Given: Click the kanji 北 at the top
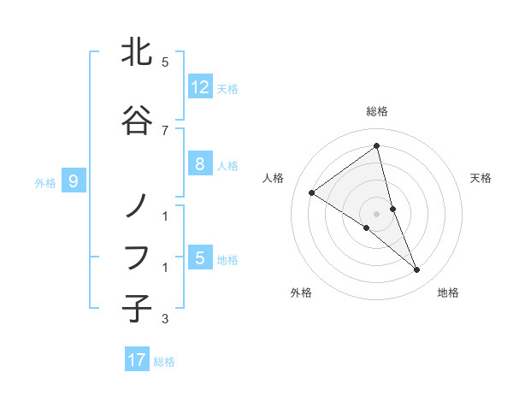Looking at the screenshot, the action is [x=137, y=53].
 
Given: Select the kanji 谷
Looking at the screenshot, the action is [x=137, y=121].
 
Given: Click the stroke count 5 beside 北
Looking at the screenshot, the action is [x=164, y=62].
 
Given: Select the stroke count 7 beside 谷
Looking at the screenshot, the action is [x=164, y=130].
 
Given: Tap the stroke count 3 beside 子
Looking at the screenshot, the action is [x=164, y=319].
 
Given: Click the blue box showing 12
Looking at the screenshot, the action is [x=199, y=86].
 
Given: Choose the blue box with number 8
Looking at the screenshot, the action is [x=199, y=164].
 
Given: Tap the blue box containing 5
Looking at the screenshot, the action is [x=199, y=257].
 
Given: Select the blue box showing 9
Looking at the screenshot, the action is [x=74, y=180].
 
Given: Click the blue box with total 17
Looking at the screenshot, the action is [x=137, y=360].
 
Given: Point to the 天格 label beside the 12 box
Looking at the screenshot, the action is [x=227, y=88].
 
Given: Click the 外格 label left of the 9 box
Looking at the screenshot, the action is [x=45, y=182].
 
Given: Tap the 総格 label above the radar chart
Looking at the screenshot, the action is [x=377, y=111].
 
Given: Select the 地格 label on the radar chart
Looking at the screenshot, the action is [x=448, y=293].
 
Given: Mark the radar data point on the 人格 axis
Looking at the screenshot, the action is [x=312, y=192].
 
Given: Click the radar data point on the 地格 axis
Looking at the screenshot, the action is [x=417, y=270].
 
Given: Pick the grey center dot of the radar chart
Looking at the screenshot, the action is [x=377, y=213].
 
